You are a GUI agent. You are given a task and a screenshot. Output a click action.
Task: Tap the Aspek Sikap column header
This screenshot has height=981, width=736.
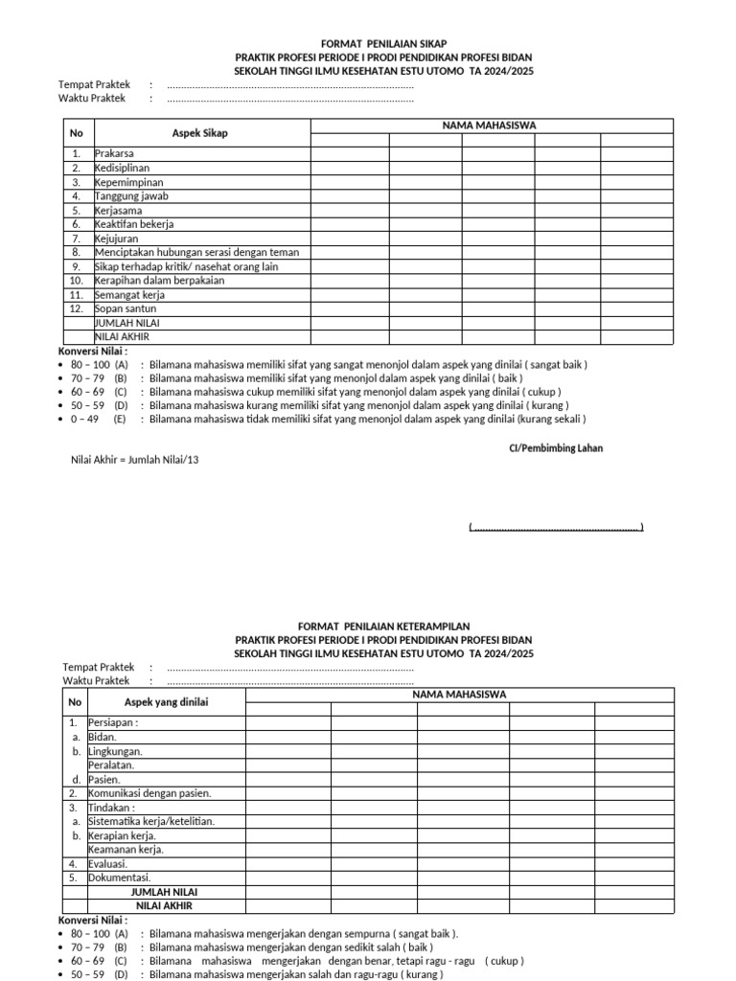point(199,133)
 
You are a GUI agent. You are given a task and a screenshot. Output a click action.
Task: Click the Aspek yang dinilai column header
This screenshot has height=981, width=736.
point(166,702)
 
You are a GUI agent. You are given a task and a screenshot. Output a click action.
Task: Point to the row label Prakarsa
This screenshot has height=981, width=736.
point(114,153)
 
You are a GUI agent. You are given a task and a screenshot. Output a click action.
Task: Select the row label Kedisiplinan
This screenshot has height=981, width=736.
point(122,168)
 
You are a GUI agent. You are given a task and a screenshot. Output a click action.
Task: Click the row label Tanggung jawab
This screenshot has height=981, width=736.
point(131,195)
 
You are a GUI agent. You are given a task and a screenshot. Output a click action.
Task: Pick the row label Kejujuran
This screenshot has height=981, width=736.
point(118,238)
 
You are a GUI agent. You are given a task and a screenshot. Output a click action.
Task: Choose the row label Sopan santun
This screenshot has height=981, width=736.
point(126,308)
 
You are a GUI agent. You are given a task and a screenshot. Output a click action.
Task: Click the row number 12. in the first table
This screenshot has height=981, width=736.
point(76,308)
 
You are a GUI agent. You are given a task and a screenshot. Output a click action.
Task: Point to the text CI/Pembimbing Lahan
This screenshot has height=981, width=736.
point(555,448)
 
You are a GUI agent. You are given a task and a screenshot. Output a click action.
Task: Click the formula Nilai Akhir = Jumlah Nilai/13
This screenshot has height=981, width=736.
point(135,460)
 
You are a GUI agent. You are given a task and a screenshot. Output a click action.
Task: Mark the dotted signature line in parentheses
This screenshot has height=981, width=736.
point(556,527)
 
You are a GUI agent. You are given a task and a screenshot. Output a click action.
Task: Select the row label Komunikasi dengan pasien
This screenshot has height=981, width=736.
point(149,793)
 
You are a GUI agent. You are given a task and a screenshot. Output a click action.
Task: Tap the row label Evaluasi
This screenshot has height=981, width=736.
point(108,863)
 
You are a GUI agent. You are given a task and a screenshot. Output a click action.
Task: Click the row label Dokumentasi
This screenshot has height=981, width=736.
point(119,877)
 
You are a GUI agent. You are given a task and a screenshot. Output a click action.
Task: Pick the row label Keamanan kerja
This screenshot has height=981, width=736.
point(126,849)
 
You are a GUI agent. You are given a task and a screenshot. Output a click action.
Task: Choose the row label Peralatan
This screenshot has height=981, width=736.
point(111,765)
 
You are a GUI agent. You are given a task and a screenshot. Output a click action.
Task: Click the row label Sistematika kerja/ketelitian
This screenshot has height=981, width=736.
point(151,821)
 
